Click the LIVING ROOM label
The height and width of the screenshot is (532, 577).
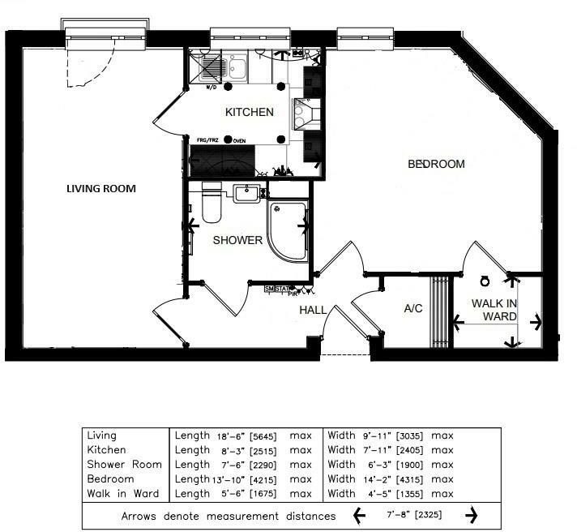[100, 189]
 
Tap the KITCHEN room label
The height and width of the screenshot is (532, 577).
[249, 112]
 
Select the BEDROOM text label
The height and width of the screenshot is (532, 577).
[436, 164]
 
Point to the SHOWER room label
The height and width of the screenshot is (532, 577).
[237, 240]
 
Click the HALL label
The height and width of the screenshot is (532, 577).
[313, 310]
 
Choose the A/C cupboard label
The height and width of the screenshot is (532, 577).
[415, 309]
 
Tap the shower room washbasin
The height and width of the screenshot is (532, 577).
[246, 193]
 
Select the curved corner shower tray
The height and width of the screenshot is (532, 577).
[287, 230]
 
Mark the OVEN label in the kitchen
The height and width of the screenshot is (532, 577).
[239, 140]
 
